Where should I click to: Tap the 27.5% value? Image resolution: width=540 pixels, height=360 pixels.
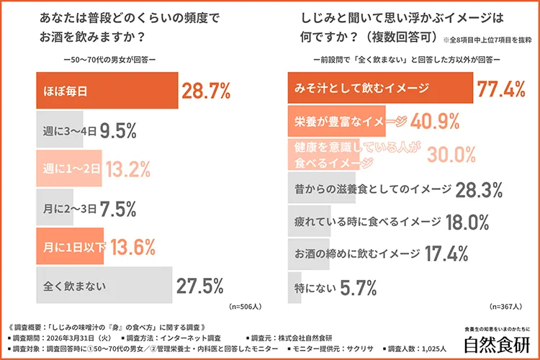coord(200,286)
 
